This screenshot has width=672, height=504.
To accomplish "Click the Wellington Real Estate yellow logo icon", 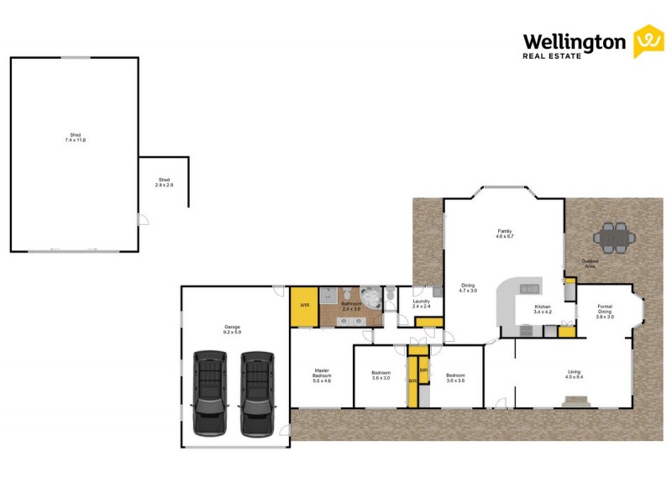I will [648, 41].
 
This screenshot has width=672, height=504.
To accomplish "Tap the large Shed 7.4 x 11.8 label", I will [76, 137].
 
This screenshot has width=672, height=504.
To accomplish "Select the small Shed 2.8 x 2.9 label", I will [164, 182].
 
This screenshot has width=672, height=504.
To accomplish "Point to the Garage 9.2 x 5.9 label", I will [232, 329].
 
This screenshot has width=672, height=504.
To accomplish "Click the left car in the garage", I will [210, 393].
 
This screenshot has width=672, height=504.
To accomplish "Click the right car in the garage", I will [257, 393].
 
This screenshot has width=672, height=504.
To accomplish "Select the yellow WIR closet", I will [304, 306].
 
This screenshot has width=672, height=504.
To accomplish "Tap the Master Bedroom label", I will [322, 375].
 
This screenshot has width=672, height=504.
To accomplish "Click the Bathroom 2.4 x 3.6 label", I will [350, 306].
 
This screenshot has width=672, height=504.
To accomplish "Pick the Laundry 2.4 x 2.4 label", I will [421, 303].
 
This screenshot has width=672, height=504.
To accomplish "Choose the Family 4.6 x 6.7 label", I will [504, 234].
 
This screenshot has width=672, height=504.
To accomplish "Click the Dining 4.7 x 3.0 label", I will [468, 287].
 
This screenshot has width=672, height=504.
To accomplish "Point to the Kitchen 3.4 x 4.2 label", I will [543, 309].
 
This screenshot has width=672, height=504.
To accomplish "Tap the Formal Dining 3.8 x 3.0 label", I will [605, 312].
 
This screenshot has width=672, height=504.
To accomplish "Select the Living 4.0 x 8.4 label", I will [574, 375].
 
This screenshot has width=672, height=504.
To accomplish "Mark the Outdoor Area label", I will [591, 264].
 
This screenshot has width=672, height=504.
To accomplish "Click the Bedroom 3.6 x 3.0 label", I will [381, 375].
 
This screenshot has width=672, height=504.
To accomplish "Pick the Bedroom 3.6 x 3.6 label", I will [455, 377].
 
